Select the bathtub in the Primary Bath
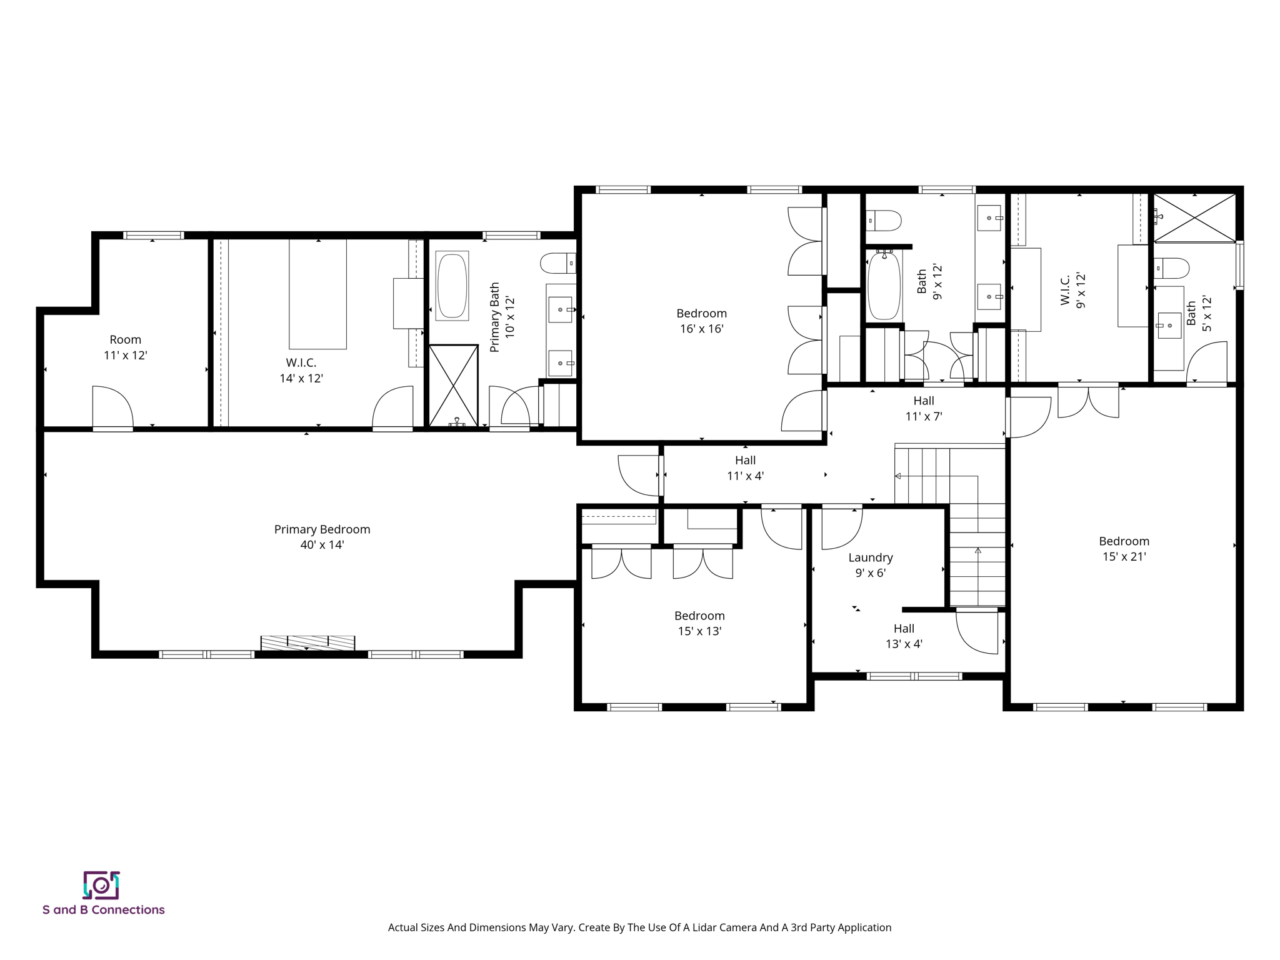(452, 286)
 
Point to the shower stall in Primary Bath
(453, 385)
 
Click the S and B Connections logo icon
(101, 885)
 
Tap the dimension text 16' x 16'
(701, 329)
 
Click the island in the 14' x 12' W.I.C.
(317, 294)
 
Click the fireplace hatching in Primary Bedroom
(307, 642)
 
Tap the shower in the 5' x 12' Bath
(1194, 217)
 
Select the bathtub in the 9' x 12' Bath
(884, 286)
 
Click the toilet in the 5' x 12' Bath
(1171, 268)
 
